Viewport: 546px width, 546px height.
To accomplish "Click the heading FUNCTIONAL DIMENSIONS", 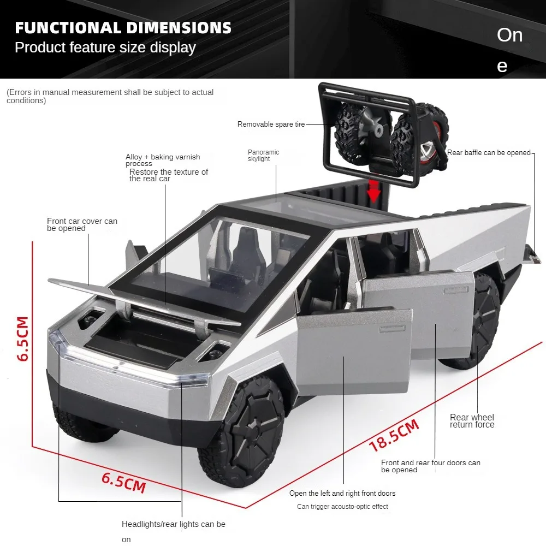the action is tap(123, 28).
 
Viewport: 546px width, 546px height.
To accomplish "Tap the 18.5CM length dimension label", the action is tap(394, 435).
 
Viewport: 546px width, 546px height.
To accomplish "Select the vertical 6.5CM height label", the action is tap(23, 339).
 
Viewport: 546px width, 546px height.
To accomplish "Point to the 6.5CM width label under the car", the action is tap(124, 482).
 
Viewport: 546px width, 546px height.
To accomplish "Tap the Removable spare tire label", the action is tap(271, 124).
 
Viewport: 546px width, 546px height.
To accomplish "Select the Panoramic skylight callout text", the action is tap(263, 156).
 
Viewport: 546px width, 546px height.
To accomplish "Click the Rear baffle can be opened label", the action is tap(489, 153).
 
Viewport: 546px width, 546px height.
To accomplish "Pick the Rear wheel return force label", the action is tap(472, 421).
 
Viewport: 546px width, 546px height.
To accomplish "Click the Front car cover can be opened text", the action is tap(82, 224).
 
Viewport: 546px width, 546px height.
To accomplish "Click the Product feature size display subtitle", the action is tap(105, 48).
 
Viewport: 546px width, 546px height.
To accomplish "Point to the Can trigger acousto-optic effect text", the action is tap(342, 507).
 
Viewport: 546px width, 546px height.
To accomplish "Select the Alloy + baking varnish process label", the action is tap(163, 160).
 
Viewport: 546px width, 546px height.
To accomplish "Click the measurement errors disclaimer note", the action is tap(110, 96).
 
